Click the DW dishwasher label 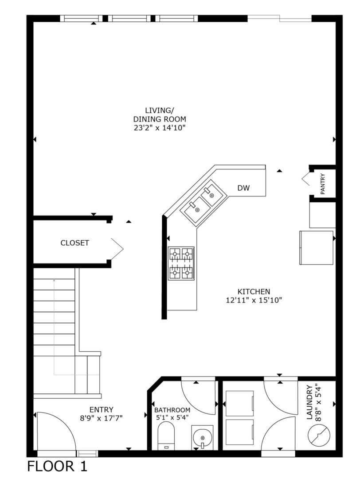pyautogui.click(x=243, y=188)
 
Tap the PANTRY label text pyautogui.click(x=323, y=184)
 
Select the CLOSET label pyautogui.click(x=75, y=243)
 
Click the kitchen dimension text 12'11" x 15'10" pyautogui.click(x=254, y=300)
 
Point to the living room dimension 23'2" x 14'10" pyautogui.click(x=159, y=128)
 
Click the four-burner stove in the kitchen pyautogui.click(x=181, y=263)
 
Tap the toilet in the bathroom pyautogui.click(x=166, y=436)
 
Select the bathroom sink pyautogui.click(x=203, y=437)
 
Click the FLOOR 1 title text pyautogui.click(x=58, y=467)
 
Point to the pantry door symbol pyautogui.click(x=307, y=179)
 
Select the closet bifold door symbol pyautogui.click(x=117, y=249)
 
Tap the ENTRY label pyautogui.click(x=102, y=409)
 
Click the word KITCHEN pyautogui.click(x=254, y=291)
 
